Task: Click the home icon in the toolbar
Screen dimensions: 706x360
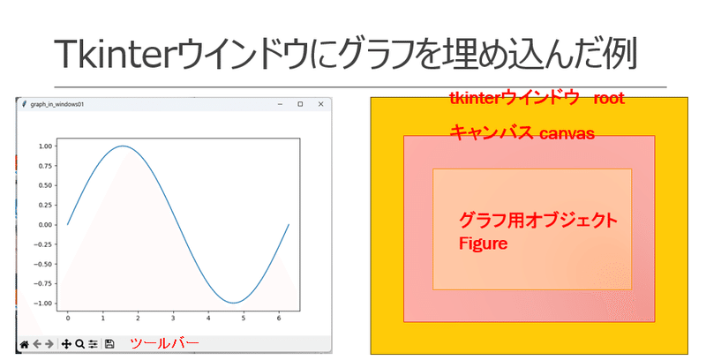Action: [x=25, y=344]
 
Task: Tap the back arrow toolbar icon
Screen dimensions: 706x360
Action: [x=37, y=344]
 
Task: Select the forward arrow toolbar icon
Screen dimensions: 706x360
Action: [x=49, y=344]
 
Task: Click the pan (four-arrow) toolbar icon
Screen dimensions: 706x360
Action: [x=66, y=344]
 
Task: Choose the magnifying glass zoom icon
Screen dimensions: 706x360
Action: [x=79, y=344]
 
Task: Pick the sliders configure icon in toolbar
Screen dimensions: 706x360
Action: [x=93, y=344]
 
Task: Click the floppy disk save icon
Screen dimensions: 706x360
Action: [x=109, y=344]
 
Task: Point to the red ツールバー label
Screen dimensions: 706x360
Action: [x=164, y=344]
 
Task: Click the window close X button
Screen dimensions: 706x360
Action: [x=320, y=104]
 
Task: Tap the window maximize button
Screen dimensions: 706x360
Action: [x=300, y=104]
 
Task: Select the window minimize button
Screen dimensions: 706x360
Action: [x=280, y=104]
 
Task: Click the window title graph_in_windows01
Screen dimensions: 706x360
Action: [x=57, y=104]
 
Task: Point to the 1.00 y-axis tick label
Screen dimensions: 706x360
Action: [x=46, y=146]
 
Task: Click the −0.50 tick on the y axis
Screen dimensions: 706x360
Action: [x=43, y=264]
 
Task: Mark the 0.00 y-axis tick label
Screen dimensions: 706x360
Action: [x=46, y=225]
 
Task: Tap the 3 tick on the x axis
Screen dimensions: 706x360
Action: [x=173, y=319]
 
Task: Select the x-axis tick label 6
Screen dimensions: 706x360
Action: [x=279, y=319]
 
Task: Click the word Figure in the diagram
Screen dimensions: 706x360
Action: [x=483, y=244]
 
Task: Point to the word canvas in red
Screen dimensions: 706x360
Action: [x=567, y=133]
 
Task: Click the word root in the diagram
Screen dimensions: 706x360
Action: [x=609, y=99]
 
